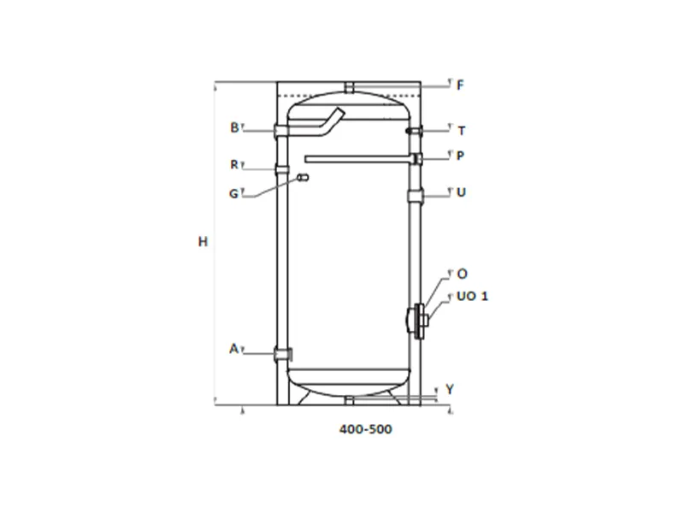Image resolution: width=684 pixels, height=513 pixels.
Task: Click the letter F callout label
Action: [x=460, y=85]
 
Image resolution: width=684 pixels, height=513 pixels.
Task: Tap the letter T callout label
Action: [x=462, y=131]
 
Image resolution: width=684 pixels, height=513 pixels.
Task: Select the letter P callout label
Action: [x=460, y=156]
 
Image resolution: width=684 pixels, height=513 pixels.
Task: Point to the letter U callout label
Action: [x=461, y=192]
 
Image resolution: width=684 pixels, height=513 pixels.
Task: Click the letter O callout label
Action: [x=462, y=274]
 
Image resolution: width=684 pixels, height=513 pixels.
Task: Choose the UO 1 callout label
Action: [x=473, y=296]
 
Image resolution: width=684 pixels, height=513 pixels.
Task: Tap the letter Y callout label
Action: [x=450, y=389]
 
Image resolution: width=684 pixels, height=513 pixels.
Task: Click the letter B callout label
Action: [x=234, y=127]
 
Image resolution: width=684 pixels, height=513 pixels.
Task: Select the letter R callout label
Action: [x=234, y=164]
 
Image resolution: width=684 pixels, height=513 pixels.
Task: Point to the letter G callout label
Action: [x=234, y=194]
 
